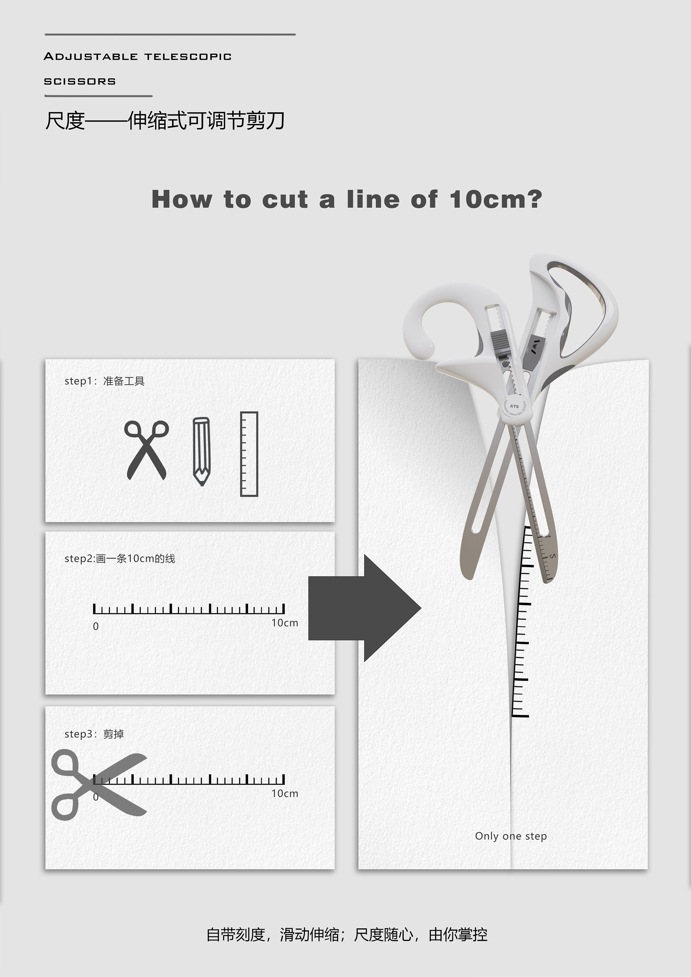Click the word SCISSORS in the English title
click(x=80, y=81)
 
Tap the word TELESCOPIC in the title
click(x=188, y=57)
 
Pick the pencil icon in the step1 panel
click(x=201, y=451)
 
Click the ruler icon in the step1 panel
click(x=249, y=454)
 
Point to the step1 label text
click(x=104, y=381)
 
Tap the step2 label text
click(x=120, y=558)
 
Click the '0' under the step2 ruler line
click(x=96, y=626)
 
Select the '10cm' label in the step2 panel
click(x=285, y=623)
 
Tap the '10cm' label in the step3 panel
click(x=285, y=793)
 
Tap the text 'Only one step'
click(x=511, y=836)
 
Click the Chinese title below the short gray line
click(x=165, y=120)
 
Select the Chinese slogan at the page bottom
click(x=347, y=934)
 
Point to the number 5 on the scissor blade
click(x=552, y=556)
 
